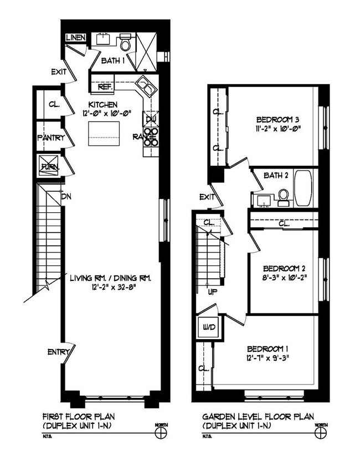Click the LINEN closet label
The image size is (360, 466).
click(76, 38)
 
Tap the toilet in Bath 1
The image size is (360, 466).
click(125, 43)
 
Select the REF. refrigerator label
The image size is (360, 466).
click(105, 87)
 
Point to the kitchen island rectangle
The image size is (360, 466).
click(104, 133)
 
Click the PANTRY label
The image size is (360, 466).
click(51, 137)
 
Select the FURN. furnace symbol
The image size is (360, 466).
click(48, 166)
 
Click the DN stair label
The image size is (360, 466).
click(66, 196)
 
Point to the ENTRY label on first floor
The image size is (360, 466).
click(58, 352)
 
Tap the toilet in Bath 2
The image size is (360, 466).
click(284, 196)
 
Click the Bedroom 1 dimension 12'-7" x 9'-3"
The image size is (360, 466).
click(268, 358)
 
